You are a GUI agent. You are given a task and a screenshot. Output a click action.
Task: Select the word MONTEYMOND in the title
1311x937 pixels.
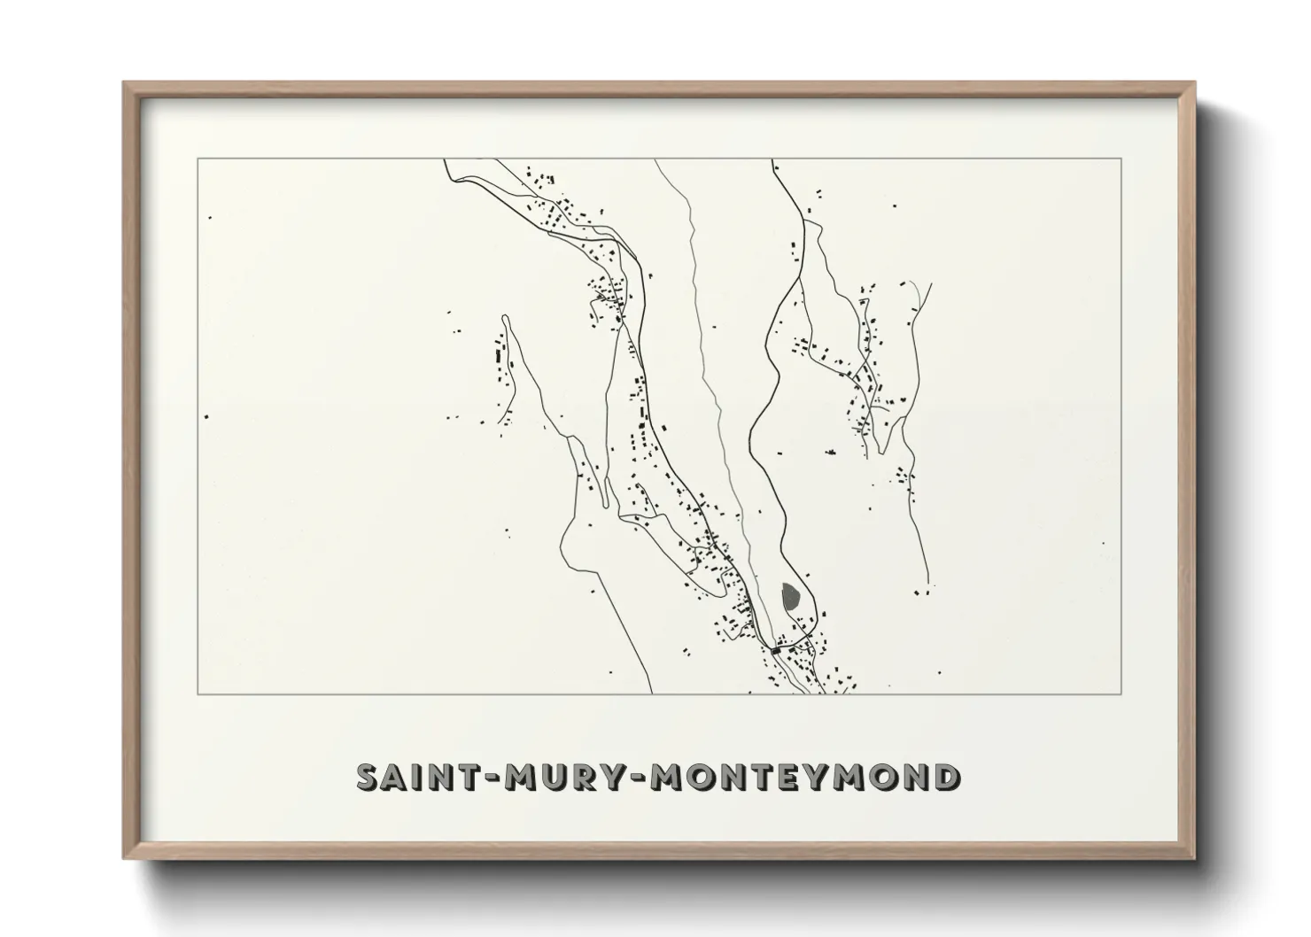[x=805, y=778]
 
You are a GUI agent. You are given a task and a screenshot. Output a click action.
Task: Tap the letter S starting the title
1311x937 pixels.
[x=368, y=778]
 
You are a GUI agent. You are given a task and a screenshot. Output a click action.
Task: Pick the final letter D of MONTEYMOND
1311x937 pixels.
[x=945, y=778]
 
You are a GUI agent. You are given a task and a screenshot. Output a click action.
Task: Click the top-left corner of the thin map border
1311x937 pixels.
[x=198, y=159]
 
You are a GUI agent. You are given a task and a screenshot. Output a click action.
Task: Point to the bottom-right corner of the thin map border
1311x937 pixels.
[x=1121, y=693]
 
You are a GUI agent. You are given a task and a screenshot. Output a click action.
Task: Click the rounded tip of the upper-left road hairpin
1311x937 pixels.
[x=505, y=317]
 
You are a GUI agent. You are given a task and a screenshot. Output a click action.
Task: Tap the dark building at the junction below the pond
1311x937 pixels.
[x=777, y=651]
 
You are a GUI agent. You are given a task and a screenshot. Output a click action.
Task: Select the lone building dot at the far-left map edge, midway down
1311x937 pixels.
[x=206, y=416]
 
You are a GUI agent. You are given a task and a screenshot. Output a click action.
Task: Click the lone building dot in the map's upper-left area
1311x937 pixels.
[x=209, y=217]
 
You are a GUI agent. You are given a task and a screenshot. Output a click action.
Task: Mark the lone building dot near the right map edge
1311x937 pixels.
[x=1103, y=544]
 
